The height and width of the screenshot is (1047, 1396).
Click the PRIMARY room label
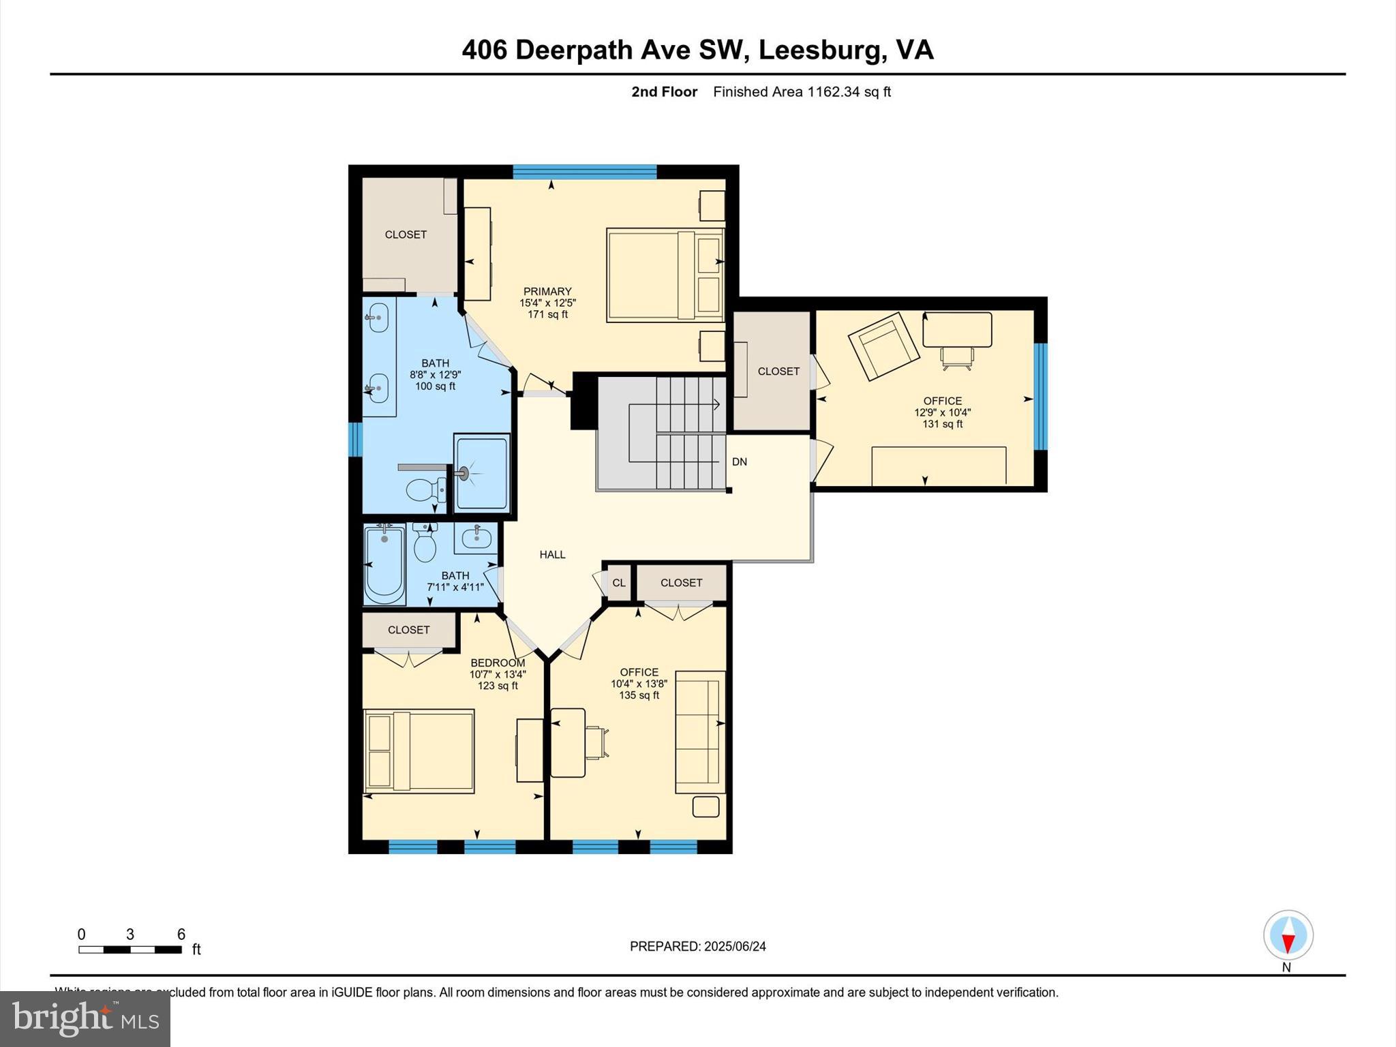(x=547, y=292)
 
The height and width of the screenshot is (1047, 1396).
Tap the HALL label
(x=552, y=555)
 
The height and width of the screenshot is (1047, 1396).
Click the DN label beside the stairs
(x=740, y=462)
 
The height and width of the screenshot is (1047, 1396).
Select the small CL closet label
(x=618, y=583)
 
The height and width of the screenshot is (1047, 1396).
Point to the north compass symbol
(x=1288, y=935)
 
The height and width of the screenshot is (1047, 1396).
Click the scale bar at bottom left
(x=130, y=949)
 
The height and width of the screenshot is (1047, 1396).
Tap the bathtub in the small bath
(x=384, y=564)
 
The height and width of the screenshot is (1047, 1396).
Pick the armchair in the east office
(x=883, y=346)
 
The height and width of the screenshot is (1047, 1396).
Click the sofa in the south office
(x=699, y=732)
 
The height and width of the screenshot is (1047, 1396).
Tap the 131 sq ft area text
(x=942, y=424)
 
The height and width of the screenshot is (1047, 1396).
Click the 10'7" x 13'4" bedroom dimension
(x=498, y=674)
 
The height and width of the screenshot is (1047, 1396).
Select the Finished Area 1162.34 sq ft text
(x=802, y=92)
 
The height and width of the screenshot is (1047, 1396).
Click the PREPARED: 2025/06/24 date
(x=697, y=946)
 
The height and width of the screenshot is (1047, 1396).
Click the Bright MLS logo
(x=85, y=1018)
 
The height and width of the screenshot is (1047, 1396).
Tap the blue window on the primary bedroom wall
(x=584, y=172)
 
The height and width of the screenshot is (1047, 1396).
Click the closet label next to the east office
(x=778, y=371)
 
